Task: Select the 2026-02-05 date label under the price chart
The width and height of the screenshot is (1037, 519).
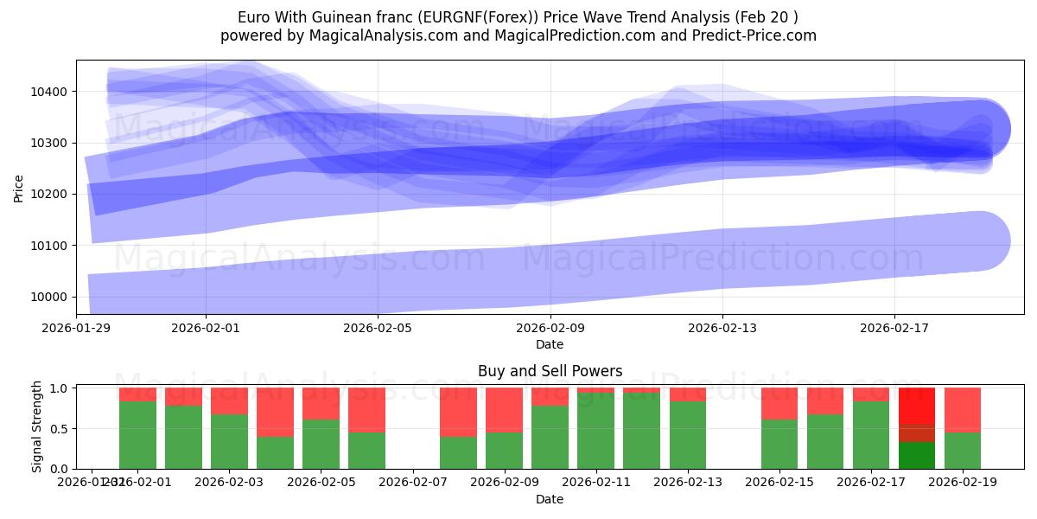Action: point(378,328)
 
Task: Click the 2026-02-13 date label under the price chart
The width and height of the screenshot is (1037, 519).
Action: point(722,328)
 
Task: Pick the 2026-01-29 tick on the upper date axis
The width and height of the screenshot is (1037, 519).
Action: point(76,328)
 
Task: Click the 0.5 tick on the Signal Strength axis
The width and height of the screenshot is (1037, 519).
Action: point(60,429)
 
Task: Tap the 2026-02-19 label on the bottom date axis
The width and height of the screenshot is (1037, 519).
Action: point(963,483)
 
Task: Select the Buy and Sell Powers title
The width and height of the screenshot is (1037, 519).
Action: point(550,371)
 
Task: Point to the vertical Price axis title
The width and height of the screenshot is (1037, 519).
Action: point(20,187)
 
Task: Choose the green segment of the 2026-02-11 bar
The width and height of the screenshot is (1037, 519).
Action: point(595,431)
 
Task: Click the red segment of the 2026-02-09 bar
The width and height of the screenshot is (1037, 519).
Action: point(504,409)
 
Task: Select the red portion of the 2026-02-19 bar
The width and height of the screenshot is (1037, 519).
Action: point(963,409)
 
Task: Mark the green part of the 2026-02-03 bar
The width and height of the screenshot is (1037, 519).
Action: point(229,441)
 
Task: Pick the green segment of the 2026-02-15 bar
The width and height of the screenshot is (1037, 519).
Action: point(779,444)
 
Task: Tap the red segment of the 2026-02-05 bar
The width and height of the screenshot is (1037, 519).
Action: point(321,403)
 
